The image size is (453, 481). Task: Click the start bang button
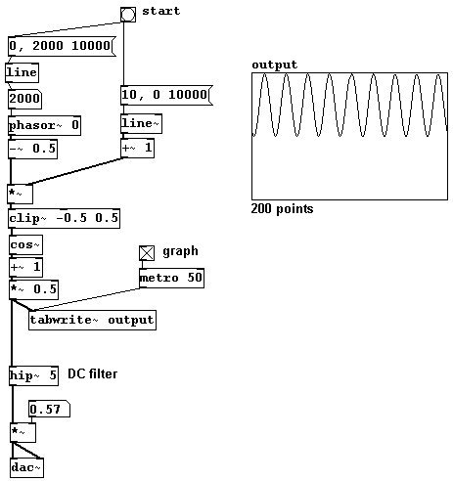128,15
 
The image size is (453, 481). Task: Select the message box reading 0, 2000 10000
62,46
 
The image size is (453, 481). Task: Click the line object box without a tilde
22,72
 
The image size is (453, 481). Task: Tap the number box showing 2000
24,99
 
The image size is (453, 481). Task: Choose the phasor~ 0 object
44,125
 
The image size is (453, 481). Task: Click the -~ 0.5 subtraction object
32,149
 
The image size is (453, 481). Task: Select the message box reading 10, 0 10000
166,95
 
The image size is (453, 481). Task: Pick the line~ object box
141,123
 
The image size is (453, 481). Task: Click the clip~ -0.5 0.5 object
64,218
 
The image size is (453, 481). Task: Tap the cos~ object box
25,245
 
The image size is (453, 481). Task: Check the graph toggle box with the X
147,253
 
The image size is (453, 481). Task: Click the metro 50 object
172,278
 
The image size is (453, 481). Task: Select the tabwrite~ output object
92,320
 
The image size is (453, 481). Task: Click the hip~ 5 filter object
33,375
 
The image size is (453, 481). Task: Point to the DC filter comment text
93,374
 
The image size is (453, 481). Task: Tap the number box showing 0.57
50,409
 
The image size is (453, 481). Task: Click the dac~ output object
27,468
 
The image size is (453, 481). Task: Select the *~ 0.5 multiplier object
34,289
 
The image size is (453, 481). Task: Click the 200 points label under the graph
282,209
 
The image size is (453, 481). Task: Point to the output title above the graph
275,65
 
